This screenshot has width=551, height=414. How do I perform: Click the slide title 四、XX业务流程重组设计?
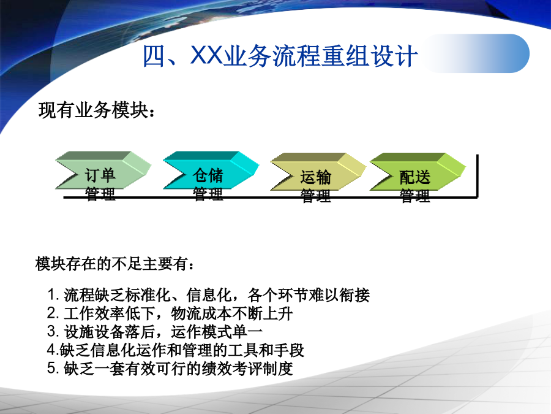pos(280,56)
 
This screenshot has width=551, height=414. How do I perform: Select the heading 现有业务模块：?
pos(97,110)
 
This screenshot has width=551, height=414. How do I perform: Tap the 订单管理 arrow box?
pos(103,171)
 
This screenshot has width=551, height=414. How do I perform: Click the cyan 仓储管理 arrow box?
pos(211,171)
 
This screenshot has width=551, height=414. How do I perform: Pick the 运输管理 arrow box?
pos(318,172)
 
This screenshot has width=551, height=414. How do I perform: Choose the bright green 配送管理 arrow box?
pos(418,172)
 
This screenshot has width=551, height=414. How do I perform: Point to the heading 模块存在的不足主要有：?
pos(115,264)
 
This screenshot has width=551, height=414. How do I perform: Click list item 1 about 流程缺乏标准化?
pos(208,295)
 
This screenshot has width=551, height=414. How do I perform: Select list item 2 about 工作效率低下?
pos(170,313)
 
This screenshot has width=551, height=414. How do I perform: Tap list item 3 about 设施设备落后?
pos(155,332)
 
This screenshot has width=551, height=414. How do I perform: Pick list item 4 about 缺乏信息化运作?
pos(176,350)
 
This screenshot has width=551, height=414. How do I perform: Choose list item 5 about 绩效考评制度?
pos(170,369)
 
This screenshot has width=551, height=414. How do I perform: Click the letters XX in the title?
pos(207,55)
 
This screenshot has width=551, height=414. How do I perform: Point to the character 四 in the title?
pos(154,56)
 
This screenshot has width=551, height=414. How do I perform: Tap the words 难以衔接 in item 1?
pos(339,295)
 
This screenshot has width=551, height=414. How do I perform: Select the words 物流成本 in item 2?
pos(201,313)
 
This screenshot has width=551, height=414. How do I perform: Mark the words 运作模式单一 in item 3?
pos(217,332)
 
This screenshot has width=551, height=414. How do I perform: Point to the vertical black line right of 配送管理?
pos(477,176)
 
